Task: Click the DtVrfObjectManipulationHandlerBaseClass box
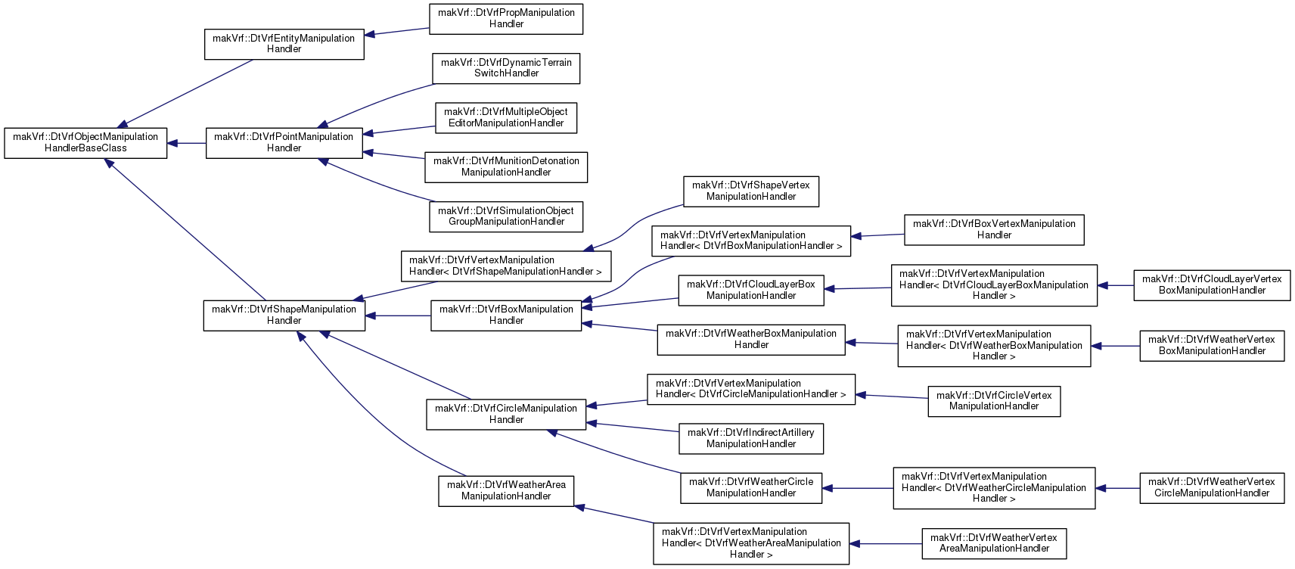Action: pos(85,143)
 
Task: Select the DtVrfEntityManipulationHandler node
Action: pos(284,44)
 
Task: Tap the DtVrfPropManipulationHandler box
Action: pos(506,19)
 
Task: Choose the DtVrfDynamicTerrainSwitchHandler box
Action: pos(506,68)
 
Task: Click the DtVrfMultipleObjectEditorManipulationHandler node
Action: pos(506,118)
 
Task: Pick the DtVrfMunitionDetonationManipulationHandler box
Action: pos(506,167)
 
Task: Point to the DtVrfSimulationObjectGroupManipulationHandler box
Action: pos(506,217)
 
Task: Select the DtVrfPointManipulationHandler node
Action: pos(284,143)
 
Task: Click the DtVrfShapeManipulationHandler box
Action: pos(284,316)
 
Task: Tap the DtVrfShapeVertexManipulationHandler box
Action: pos(751,191)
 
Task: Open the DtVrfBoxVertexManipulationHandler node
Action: pos(994,229)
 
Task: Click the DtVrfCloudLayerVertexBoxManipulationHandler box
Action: pos(1212,285)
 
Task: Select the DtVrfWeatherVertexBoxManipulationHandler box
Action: pos(1212,346)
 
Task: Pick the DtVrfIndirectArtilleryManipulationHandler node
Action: pos(751,439)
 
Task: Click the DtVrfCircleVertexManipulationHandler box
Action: pos(994,401)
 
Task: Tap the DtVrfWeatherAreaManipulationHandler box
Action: pos(506,491)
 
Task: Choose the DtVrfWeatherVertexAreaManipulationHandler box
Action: pos(994,543)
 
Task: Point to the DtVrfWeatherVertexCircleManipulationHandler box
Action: pos(1212,488)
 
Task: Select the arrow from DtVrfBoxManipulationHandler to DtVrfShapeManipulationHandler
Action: pos(398,316)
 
